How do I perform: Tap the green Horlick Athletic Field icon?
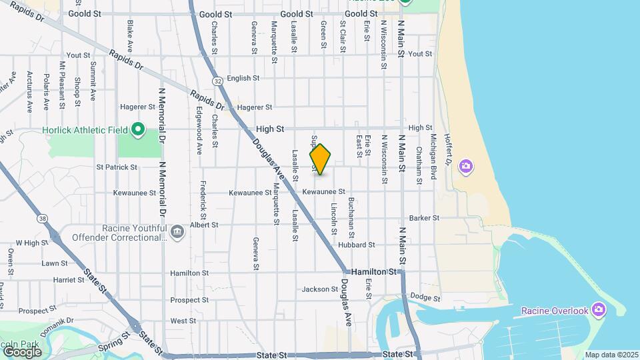pyautogui.click(x=138, y=128)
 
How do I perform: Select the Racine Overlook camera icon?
pyautogui.click(x=598, y=310)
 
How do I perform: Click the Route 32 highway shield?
pyautogui.click(x=218, y=81)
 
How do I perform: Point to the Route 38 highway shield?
pyautogui.click(x=43, y=218)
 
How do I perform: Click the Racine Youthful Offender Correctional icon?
pyautogui.click(x=177, y=231)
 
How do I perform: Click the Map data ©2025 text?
pyautogui.click(x=611, y=355)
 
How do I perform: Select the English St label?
pyautogui.click(x=243, y=78)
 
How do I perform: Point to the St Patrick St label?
pyautogui.click(x=117, y=167)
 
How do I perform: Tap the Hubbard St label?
pyautogui.click(x=353, y=245)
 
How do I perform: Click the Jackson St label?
pyautogui.click(x=320, y=289)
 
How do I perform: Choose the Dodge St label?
pyautogui.click(x=426, y=297)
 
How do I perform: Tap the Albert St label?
pyautogui.click(x=204, y=225)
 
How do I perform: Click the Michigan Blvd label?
pyautogui.click(x=433, y=154)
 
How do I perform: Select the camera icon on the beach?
pyautogui.click(x=466, y=165)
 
